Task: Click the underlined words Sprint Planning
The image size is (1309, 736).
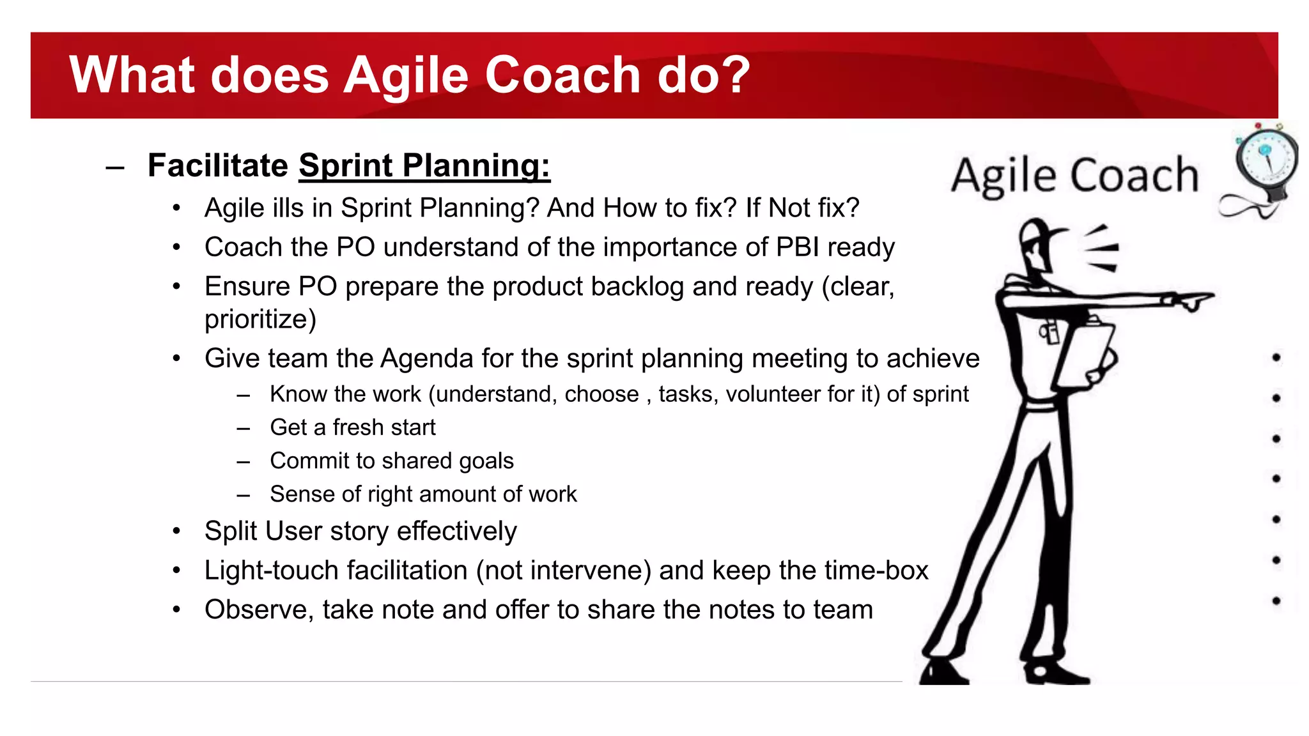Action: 424,165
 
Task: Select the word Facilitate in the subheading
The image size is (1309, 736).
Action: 218,165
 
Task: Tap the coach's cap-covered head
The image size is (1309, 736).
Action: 1039,240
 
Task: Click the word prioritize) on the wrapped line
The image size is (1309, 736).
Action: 260,319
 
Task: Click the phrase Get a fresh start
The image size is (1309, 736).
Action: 352,427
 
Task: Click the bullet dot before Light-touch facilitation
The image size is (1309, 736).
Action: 177,571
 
